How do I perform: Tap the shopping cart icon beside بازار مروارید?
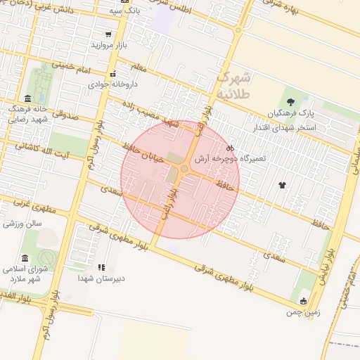[x=108, y=34]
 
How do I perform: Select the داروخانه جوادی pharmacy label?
[x=112, y=84]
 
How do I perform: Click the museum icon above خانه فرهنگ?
[x=27, y=98]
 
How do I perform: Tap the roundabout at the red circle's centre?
[x=184, y=169]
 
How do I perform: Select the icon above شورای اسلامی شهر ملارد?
[x=25, y=257]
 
